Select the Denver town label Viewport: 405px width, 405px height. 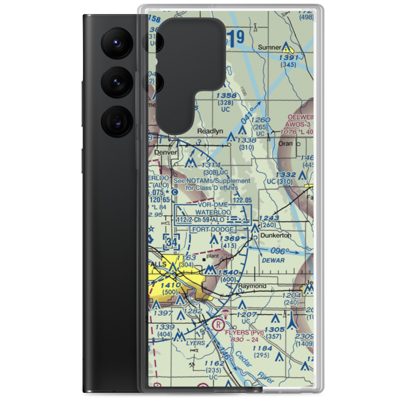[166, 152]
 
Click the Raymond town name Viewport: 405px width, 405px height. [252, 286]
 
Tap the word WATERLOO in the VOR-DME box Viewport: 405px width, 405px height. [213, 212]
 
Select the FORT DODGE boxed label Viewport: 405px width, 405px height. [212, 229]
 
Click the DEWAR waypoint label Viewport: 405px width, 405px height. [274, 260]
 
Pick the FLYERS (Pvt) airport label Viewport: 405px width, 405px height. [244, 333]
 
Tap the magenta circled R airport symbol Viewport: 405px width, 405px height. [218, 325]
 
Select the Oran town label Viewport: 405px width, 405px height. [286, 144]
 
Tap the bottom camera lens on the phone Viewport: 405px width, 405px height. [115, 121]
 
